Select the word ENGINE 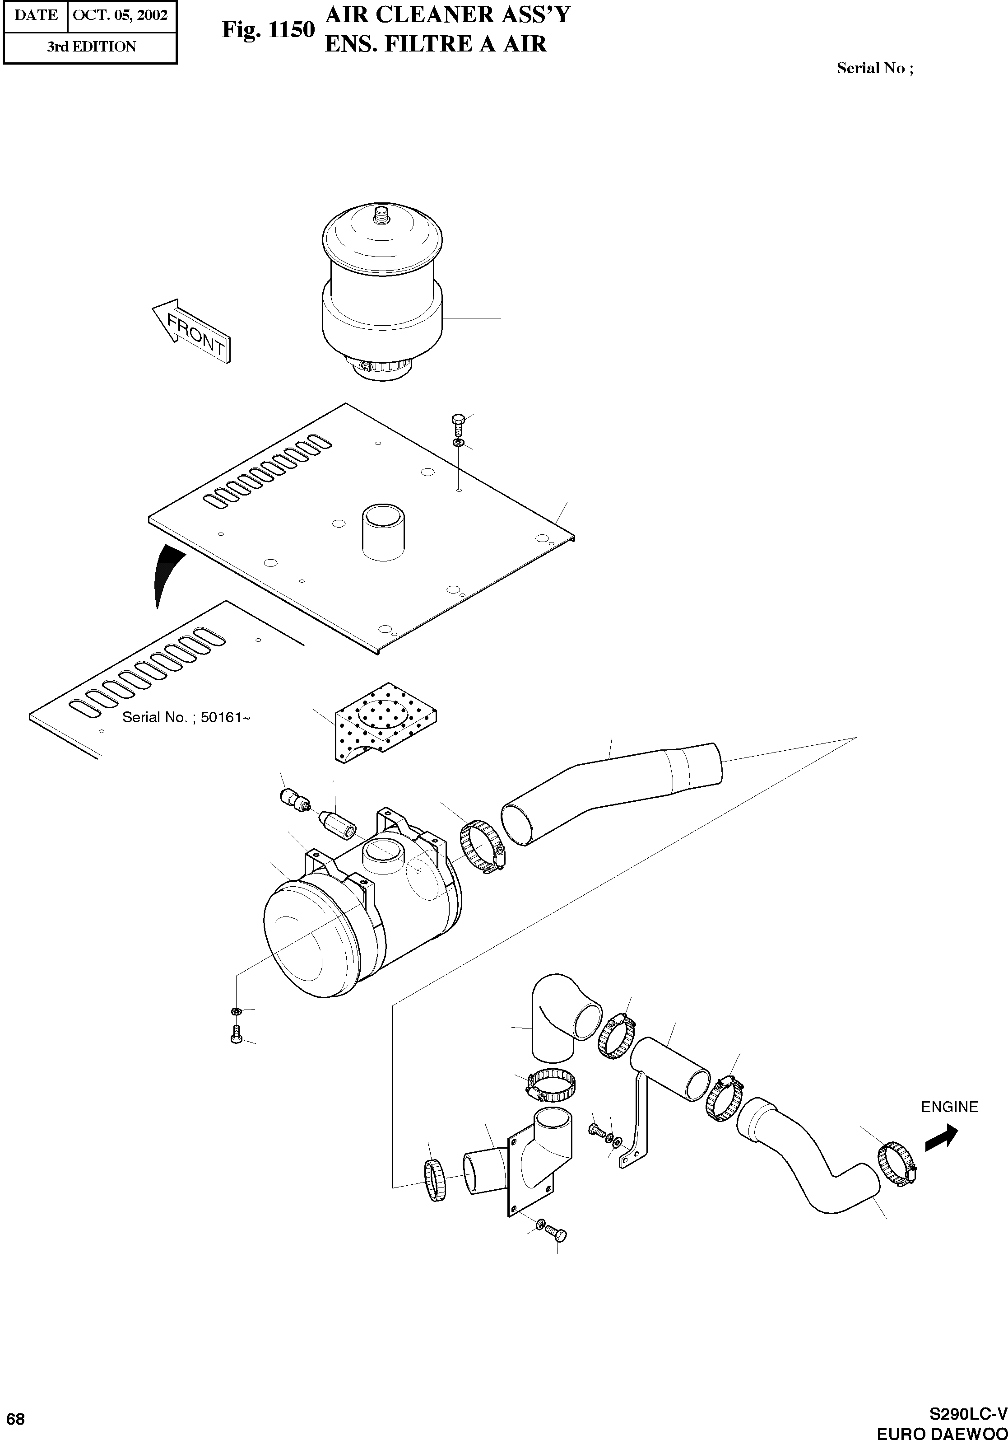pos(949,1107)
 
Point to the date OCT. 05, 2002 pos(121,15)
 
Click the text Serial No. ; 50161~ pos(186,717)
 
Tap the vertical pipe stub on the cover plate pos(382,530)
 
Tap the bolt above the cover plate pos(458,425)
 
